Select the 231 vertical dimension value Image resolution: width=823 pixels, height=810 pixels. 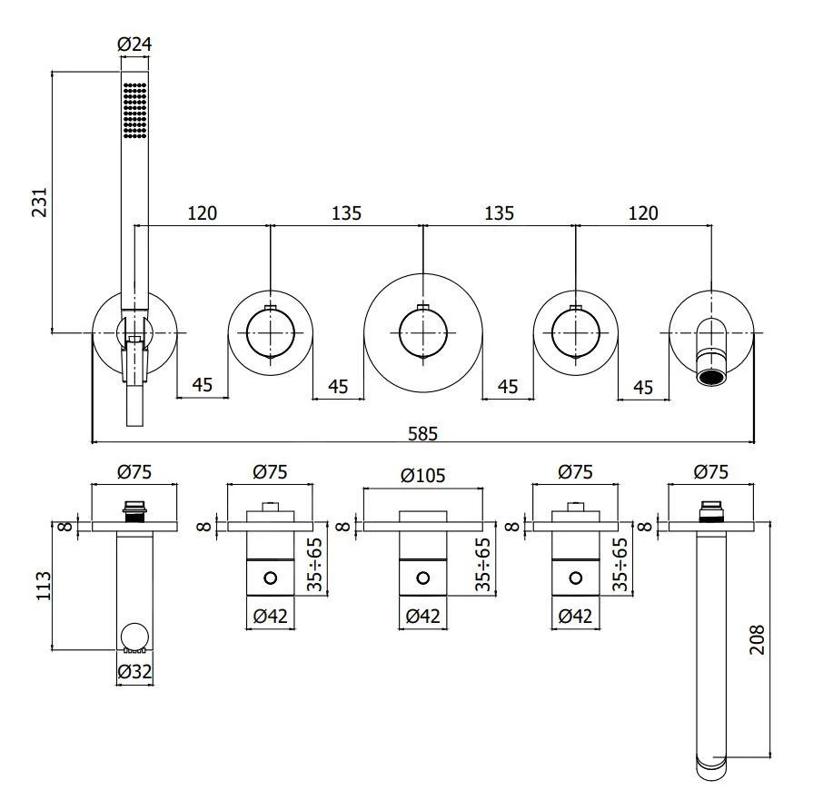(38, 202)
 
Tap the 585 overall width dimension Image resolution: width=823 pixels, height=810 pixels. (422, 433)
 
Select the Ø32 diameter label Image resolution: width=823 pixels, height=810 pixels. (134, 672)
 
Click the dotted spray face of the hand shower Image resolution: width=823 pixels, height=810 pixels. (134, 112)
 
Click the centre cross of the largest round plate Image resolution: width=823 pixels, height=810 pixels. (422, 333)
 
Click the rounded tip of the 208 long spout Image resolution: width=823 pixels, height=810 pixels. (713, 766)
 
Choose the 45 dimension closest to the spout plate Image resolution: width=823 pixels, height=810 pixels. (643, 387)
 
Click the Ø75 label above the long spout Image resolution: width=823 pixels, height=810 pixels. (711, 471)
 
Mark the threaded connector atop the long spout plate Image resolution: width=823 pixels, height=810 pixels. (712, 510)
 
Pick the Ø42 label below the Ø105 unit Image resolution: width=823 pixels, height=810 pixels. (422, 616)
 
